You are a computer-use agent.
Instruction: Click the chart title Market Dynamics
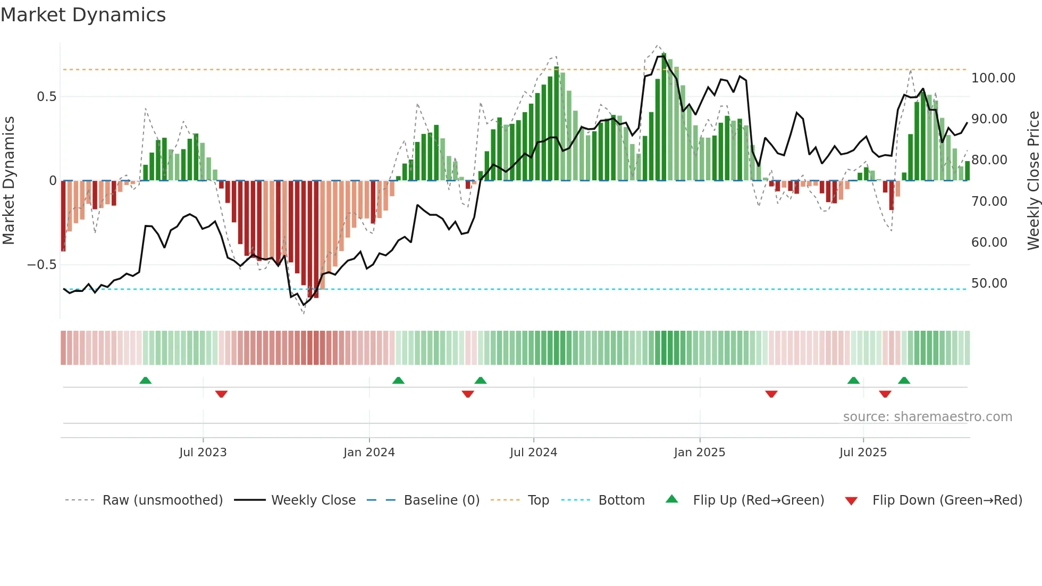(83, 15)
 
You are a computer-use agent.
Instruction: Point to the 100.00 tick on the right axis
(993, 78)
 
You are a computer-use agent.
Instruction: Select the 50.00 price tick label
(989, 283)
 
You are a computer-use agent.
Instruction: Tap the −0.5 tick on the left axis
(42, 265)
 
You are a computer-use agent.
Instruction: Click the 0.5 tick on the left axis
(46, 97)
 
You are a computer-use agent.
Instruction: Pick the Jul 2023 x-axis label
(203, 453)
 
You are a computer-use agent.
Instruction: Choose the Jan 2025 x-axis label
(699, 453)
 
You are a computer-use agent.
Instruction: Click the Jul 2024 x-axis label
(533, 453)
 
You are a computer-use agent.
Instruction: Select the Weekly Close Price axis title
(1033, 180)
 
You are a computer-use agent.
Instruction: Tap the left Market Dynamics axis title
(9, 180)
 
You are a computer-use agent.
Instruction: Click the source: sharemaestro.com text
(927, 417)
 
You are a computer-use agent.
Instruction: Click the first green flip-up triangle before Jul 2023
(145, 380)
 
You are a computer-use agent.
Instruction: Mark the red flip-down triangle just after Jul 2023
(221, 394)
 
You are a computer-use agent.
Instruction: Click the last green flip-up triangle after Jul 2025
(904, 380)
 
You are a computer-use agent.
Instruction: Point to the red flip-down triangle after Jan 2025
(771, 394)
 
